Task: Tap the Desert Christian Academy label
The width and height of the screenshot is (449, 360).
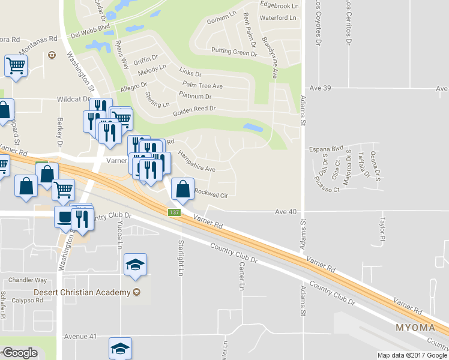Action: (82, 292)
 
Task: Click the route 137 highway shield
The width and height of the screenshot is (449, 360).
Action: (174, 213)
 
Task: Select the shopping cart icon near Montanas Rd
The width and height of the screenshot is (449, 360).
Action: (16, 65)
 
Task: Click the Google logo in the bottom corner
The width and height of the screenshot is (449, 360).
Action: (20, 353)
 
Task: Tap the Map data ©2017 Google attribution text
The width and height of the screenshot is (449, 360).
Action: (412, 355)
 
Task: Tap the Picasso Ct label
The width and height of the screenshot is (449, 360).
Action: (328, 190)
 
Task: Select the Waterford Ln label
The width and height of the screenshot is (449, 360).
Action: (279, 19)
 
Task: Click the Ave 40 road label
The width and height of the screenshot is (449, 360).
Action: (286, 212)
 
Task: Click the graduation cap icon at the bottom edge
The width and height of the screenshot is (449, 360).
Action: (120, 349)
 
